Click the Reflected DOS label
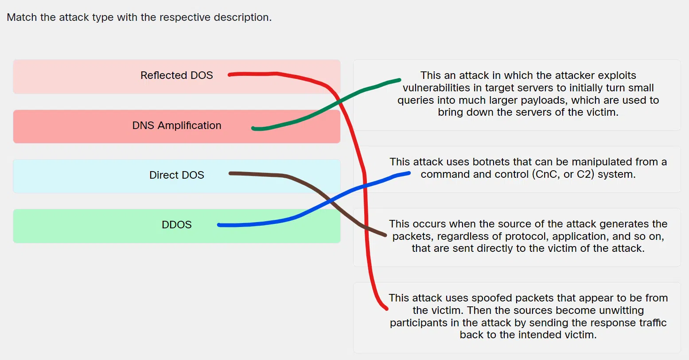click(x=176, y=75)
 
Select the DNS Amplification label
click(x=176, y=125)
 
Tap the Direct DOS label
click(x=176, y=175)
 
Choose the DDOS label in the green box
click(x=176, y=225)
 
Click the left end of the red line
click(x=230, y=75)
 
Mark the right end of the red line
click(x=386, y=308)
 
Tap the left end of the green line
click(x=253, y=129)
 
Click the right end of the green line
click(x=399, y=80)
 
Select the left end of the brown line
click(x=230, y=173)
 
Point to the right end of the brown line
click(x=385, y=235)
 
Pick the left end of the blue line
click(x=219, y=225)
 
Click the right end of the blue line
click(x=409, y=173)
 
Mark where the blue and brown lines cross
click(x=330, y=201)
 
